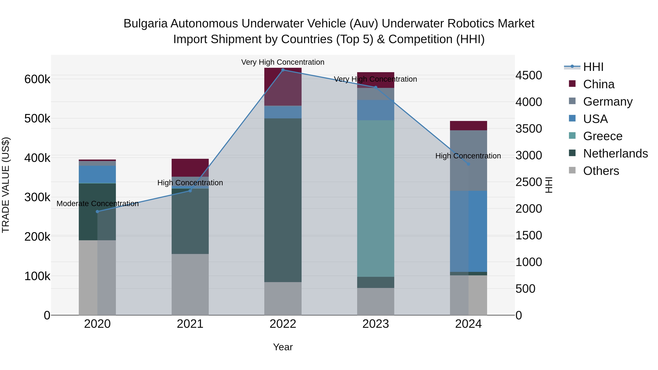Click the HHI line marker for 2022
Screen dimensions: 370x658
(283, 70)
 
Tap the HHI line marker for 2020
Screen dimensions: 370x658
(97, 211)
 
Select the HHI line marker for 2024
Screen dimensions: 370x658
(468, 164)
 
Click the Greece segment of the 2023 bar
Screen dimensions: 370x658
(375, 198)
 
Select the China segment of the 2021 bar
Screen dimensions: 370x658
(190, 168)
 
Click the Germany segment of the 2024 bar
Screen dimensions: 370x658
(468, 160)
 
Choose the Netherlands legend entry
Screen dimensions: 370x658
(615, 153)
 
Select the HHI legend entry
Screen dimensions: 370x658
(593, 67)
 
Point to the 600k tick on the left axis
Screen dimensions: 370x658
(37, 79)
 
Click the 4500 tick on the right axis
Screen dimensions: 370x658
(528, 75)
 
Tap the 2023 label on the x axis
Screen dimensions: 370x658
(375, 324)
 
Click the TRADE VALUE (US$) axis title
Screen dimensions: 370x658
(6, 185)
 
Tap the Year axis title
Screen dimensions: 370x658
(283, 347)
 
